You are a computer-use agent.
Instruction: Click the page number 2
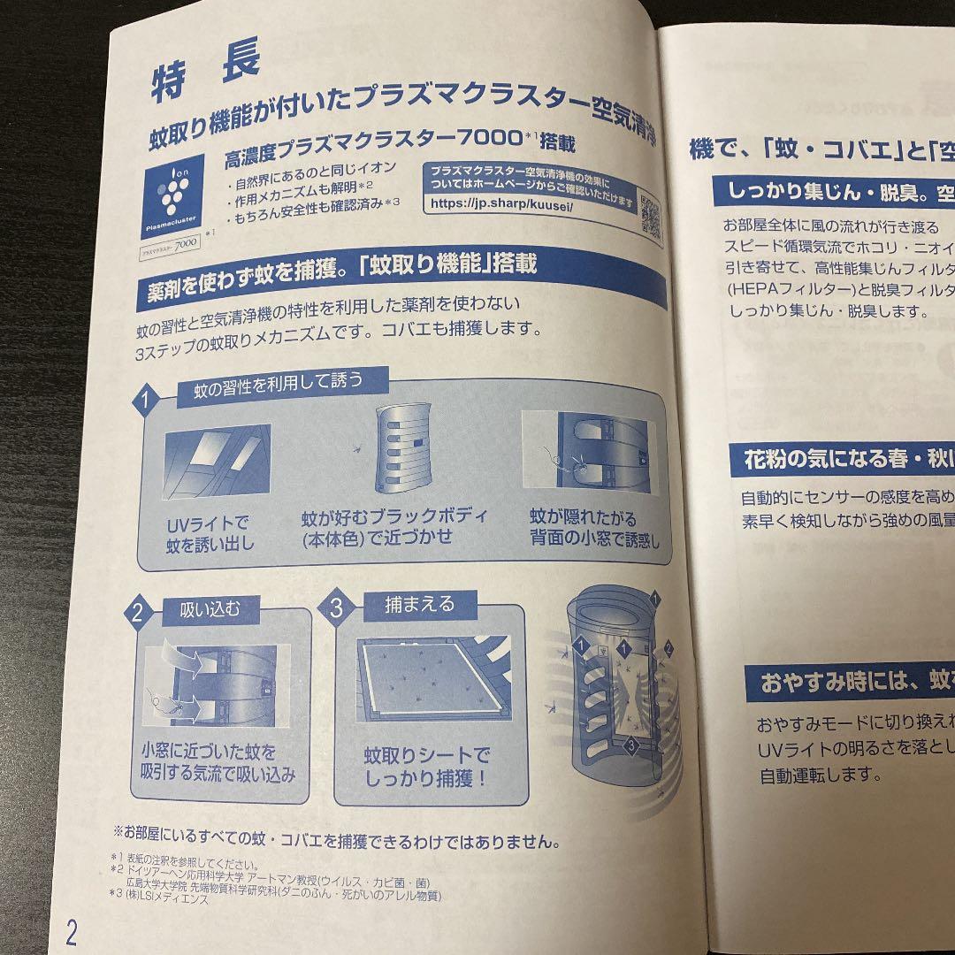coord(72,931)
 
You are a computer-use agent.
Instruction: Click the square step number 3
coord(337,607)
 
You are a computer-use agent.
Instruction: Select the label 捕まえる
coord(419,604)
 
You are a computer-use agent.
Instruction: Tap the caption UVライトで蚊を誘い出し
coord(209,533)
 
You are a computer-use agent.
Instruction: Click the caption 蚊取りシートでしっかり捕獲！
coord(426,767)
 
